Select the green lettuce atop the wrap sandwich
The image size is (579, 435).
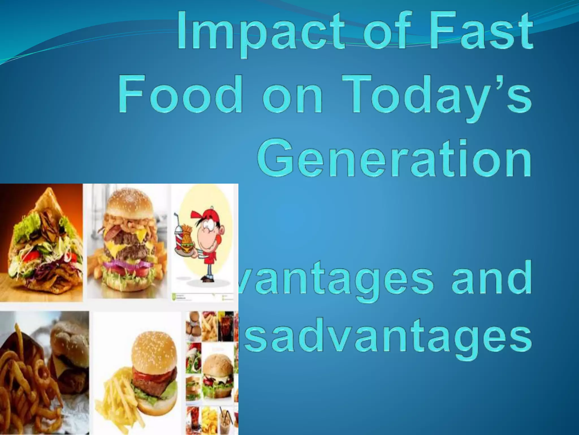28,224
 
